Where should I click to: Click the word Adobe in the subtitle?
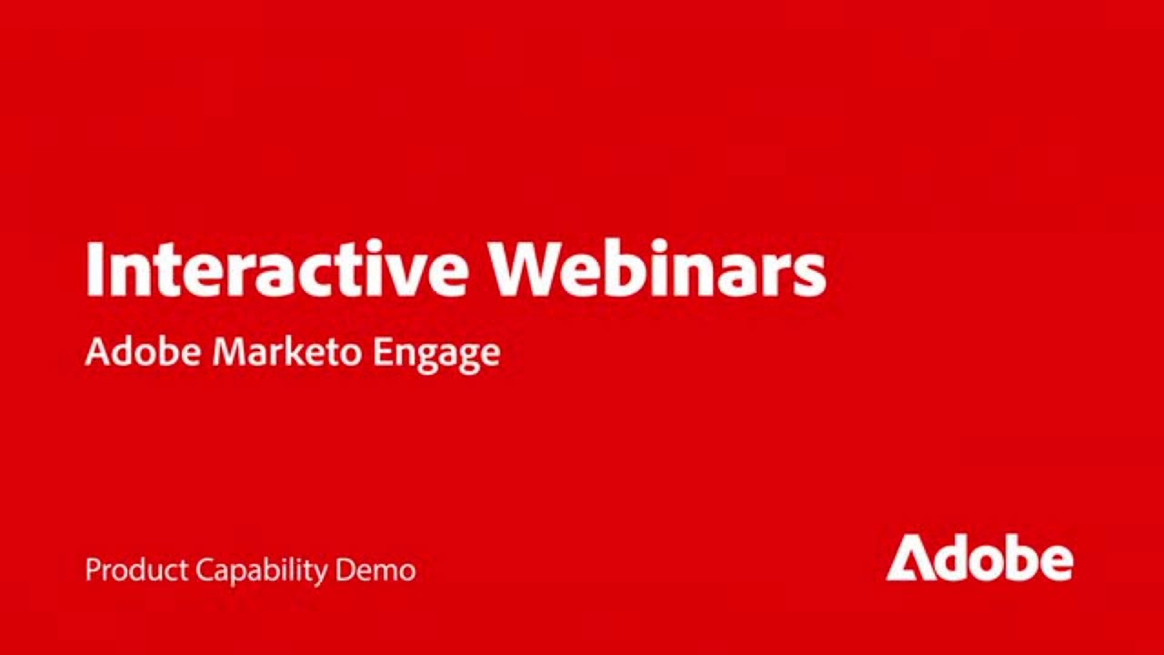click(143, 352)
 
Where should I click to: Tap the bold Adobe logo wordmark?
click(979, 558)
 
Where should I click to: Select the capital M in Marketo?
click(227, 352)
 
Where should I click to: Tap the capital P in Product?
click(92, 570)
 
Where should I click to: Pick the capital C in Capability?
click(204, 570)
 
